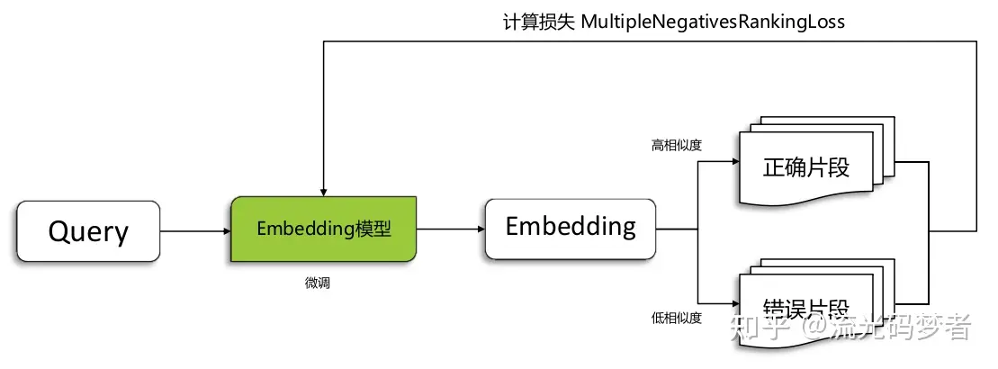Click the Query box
tap(88, 231)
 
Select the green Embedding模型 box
tap(324, 229)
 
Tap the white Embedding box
tap(571, 227)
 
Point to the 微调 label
tap(318, 283)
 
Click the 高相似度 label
tap(676, 144)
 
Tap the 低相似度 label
tap(676, 317)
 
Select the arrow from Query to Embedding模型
tap(195, 231)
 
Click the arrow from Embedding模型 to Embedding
tap(450, 229)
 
